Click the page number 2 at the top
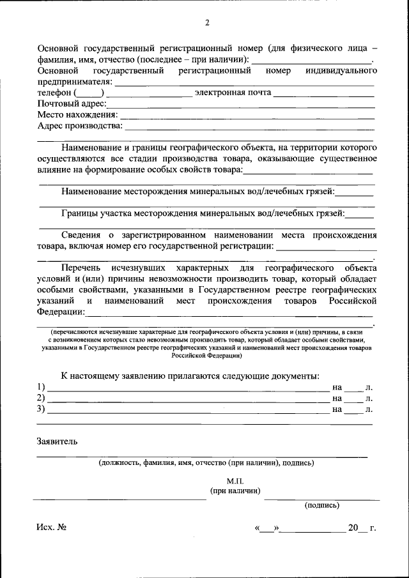click(207, 24)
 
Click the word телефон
click(54, 93)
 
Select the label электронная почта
click(233, 93)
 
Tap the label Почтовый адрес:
click(72, 103)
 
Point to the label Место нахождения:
click(77, 114)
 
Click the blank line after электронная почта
click(323, 93)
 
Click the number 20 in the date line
click(353, 528)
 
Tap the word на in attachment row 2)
click(337, 398)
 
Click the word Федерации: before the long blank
click(61, 312)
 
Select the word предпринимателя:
click(75, 82)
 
